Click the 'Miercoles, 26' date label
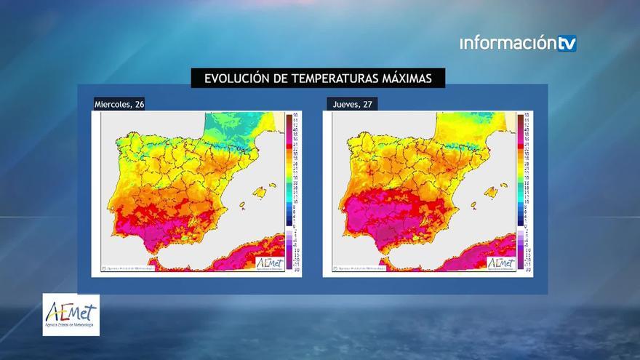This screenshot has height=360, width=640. (x=119, y=105)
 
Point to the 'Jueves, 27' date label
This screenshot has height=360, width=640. (x=350, y=105)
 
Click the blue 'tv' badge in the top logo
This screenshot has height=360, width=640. (x=567, y=44)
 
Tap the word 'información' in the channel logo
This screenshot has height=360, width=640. (x=508, y=43)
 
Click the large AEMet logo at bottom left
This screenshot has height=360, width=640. (x=71, y=314)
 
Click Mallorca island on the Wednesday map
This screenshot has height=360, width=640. (x=260, y=192)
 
